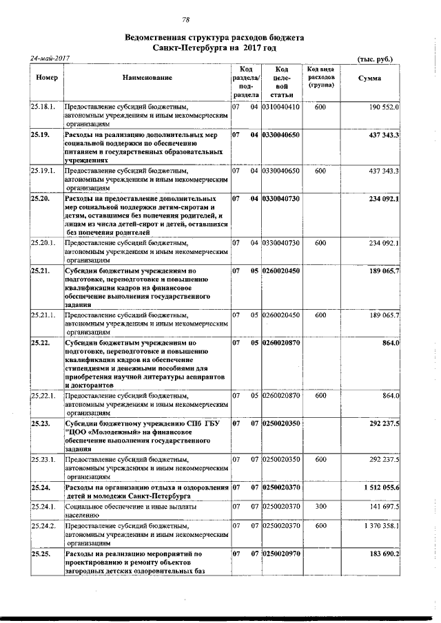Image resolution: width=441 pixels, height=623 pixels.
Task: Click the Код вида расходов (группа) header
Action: tap(320, 78)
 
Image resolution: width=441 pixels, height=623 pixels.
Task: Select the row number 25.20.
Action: tap(40, 198)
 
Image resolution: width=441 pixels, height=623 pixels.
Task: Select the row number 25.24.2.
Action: tap(43, 525)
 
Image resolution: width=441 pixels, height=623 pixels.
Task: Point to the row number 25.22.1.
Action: tap(43, 397)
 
